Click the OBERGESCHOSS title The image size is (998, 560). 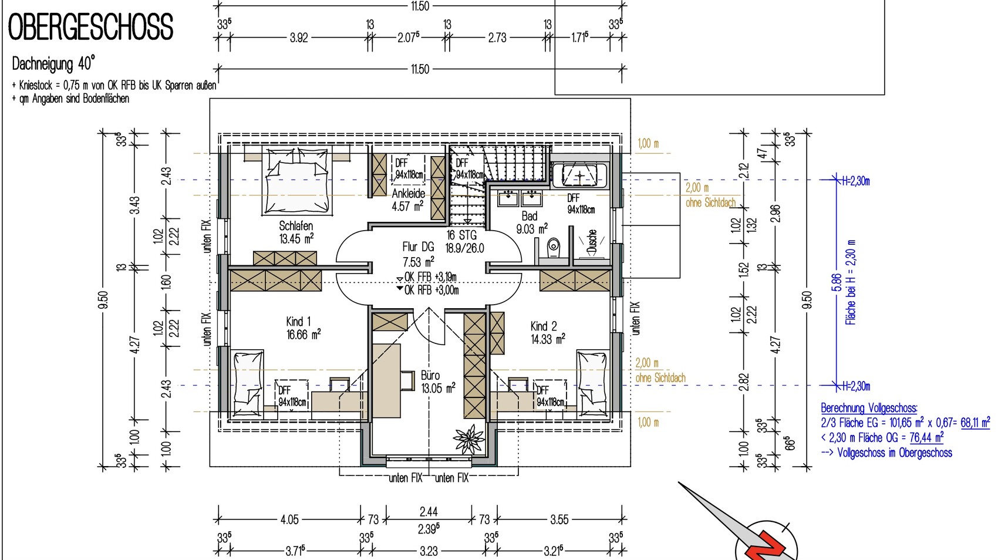coord(90,27)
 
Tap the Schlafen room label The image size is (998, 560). coord(296,226)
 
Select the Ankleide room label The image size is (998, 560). coord(408,194)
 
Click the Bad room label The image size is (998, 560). coord(530,216)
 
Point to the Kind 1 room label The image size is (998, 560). coord(298,321)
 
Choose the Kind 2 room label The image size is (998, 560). coord(544,326)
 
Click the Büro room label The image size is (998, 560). coord(430,375)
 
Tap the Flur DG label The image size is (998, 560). coord(418,247)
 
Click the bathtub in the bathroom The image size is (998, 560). coord(579,176)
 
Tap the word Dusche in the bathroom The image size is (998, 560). coord(592,242)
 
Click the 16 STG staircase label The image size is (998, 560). coord(461,235)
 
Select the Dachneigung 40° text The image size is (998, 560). coord(53,64)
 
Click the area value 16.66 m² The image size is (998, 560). coord(304,335)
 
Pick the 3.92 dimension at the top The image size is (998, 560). coord(298,38)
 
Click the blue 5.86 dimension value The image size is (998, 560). coord(837,283)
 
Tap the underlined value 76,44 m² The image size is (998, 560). coord(926,437)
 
